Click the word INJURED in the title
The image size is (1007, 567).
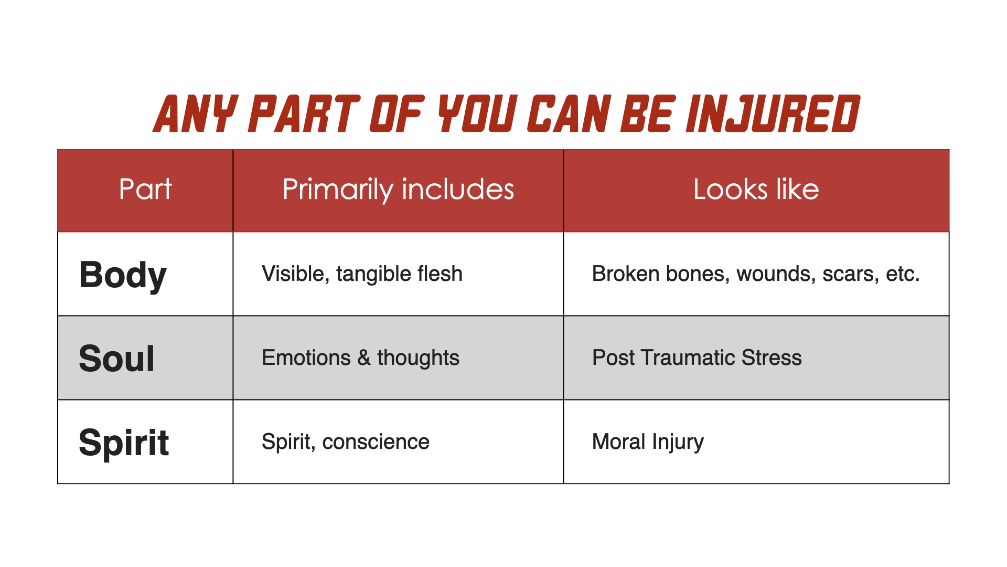(x=773, y=113)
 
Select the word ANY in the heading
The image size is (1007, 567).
(x=195, y=113)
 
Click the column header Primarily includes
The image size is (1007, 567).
(x=398, y=189)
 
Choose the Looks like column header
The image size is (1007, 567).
(x=756, y=189)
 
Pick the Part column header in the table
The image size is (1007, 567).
(x=145, y=189)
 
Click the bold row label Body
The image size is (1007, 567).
(x=123, y=275)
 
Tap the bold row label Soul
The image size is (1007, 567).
(x=116, y=359)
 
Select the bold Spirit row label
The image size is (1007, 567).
(x=124, y=443)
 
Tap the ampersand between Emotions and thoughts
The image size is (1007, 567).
(x=364, y=358)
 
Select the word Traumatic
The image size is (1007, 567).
(x=688, y=358)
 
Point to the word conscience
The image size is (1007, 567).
(x=376, y=442)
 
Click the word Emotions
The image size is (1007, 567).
(x=306, y=358)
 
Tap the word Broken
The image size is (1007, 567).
(x=626, y=274)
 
